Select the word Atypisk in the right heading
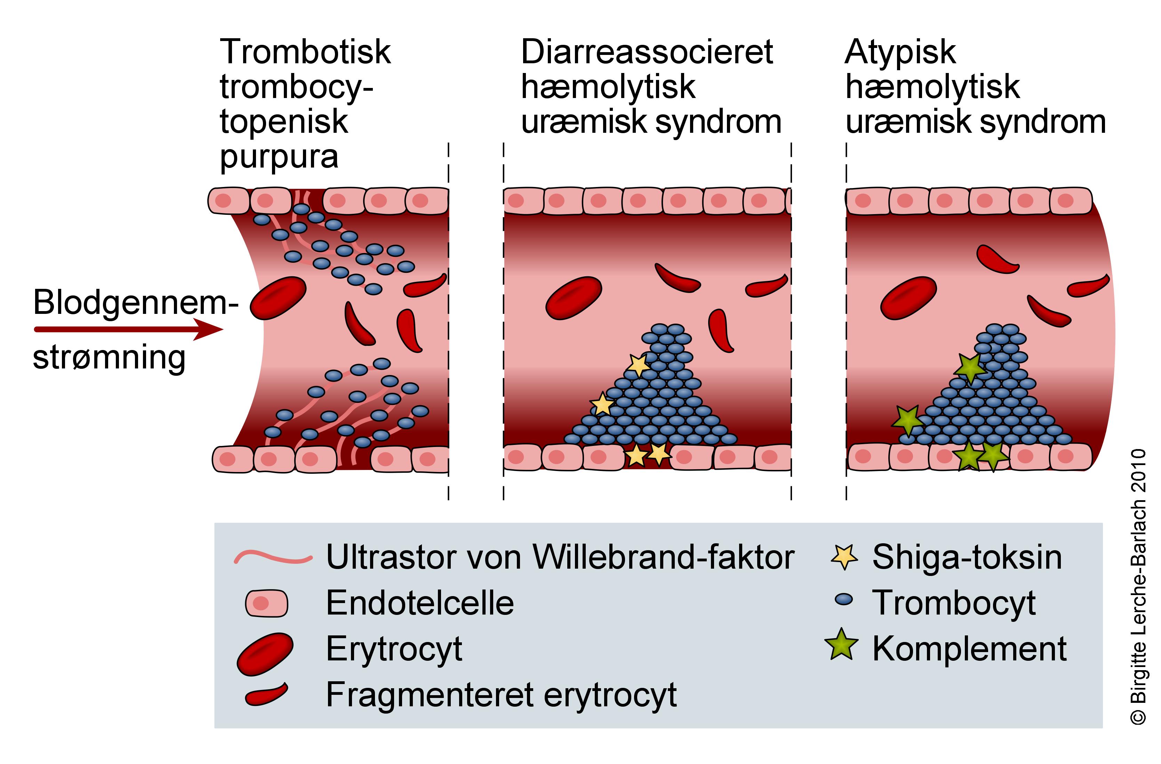point(900,52)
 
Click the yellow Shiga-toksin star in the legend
point(844,557)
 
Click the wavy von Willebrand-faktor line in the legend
point(273,557)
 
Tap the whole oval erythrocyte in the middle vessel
point(573,298)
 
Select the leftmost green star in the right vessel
point(908,419)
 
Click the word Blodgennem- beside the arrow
point(136,303)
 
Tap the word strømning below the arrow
point(109,358)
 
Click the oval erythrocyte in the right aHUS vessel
point(908,298)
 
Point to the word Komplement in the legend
point(969,649)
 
